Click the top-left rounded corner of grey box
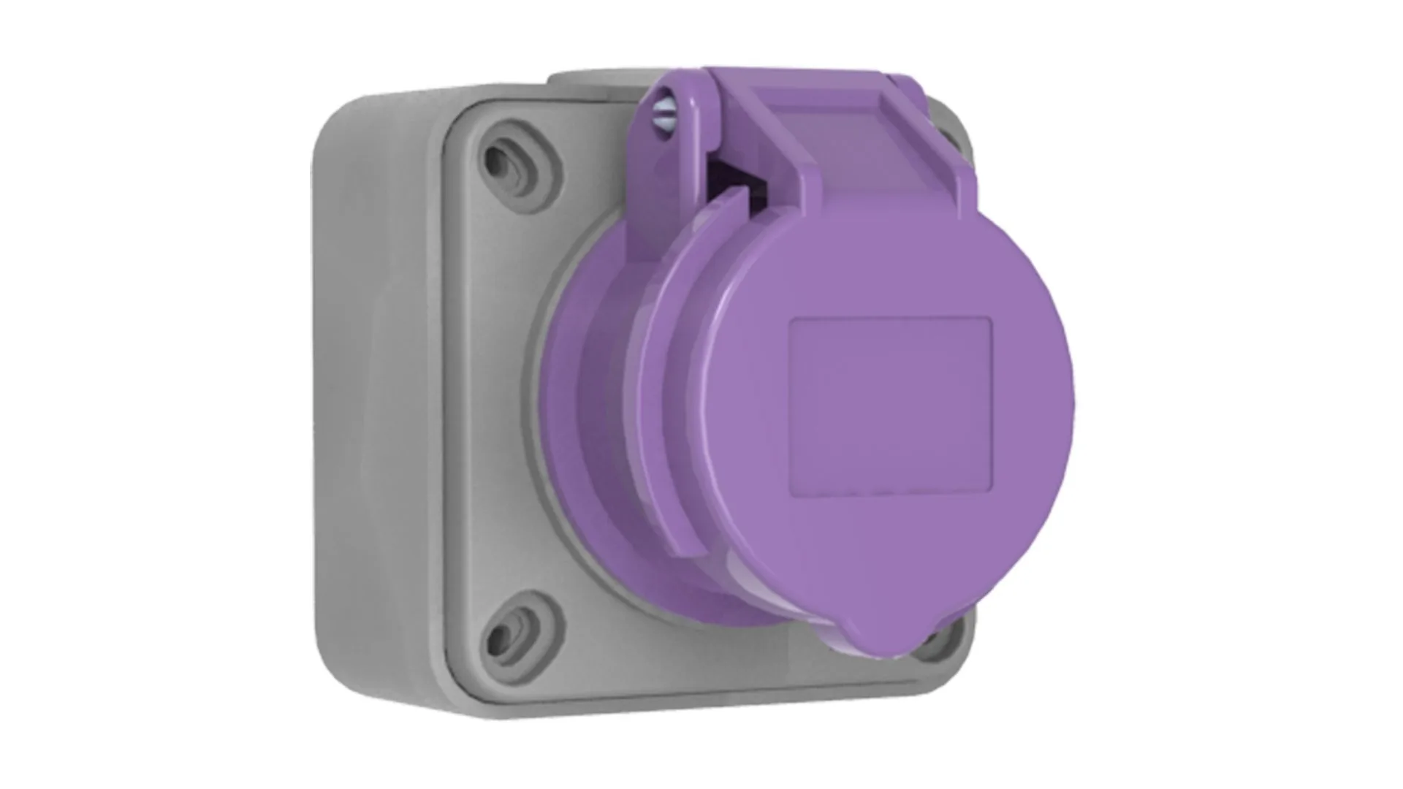click(x=343, y=117)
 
